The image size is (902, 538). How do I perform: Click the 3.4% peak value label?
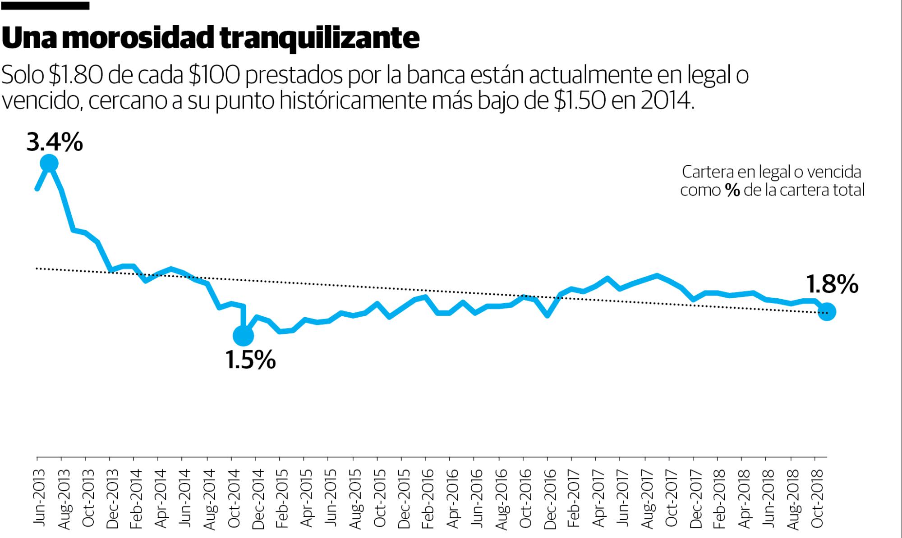tap(55, 142)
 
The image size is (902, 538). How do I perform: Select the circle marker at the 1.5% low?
tap(243, 336)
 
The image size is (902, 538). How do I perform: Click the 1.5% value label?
tap(250, 360)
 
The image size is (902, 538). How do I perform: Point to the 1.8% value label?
tap(832, 285)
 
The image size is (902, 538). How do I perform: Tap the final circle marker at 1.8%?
tap(827, 312)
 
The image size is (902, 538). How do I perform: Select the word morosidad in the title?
tap(139, 39)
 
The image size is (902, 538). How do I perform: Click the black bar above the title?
tap(45, 6)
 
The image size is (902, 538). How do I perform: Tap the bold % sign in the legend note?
tap(733, 191)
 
